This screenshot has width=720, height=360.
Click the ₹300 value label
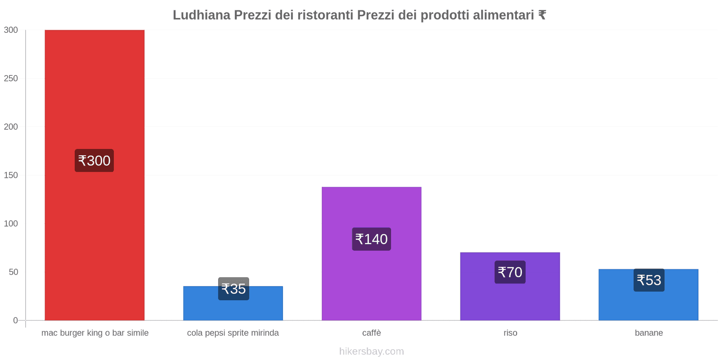coord(94,161)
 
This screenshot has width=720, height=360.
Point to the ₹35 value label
coord(234,289)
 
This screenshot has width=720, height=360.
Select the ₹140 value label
coord(371,239)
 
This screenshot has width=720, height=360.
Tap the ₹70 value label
coord(510,272)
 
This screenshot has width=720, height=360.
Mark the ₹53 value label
coord(649,280)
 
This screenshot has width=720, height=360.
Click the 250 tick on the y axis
coord(11,78)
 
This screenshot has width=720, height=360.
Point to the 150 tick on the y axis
coord(11,175)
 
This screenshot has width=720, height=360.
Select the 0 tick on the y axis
coord(15,320)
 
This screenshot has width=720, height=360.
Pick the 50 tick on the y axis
coord(13,272)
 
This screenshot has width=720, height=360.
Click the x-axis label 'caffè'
coord(371,333)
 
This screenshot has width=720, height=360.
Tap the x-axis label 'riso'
coord(510,333)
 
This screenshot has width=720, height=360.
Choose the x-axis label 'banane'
coord(648,333)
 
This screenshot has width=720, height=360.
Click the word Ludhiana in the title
coord(201,15)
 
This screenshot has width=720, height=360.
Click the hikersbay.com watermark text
coord(371,351)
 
